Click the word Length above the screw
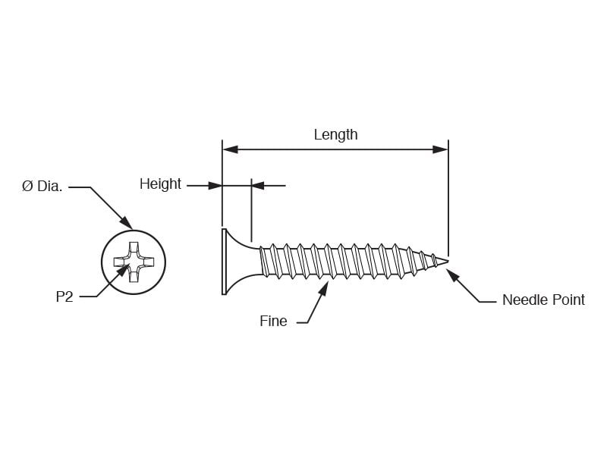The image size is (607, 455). coord(335,135)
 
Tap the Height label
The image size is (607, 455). coord(160,184)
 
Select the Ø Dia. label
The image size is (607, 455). coord(42,187)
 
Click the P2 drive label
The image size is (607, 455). coord(64,297)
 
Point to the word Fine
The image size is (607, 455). coord(273,321)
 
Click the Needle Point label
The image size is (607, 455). coord(543,300)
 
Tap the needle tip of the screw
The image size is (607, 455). coord(448,262)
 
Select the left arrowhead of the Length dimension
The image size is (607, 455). coord(231,149)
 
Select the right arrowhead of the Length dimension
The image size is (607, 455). coord(440,149)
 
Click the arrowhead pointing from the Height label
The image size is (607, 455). coord(215,186)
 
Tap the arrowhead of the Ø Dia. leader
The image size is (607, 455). coord(126,222)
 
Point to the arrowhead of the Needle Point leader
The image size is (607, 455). coord(452,275)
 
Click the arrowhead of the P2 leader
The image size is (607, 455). coord(122,271)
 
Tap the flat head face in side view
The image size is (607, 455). coord(224,262)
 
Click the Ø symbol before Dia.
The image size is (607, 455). coord(27,187)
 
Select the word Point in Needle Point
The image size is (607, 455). coord(568,300)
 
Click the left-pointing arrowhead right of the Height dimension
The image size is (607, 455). coord(259,186)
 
